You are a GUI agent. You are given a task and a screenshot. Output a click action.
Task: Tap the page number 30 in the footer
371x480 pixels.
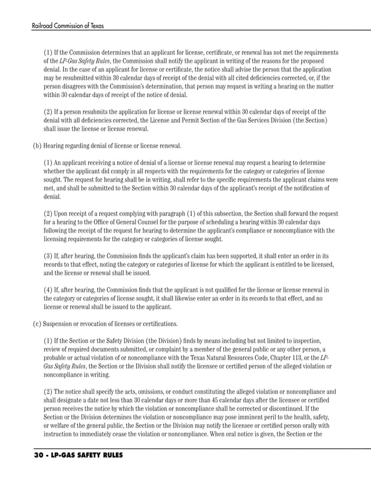pyautogui.click(x=25, y=456)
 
